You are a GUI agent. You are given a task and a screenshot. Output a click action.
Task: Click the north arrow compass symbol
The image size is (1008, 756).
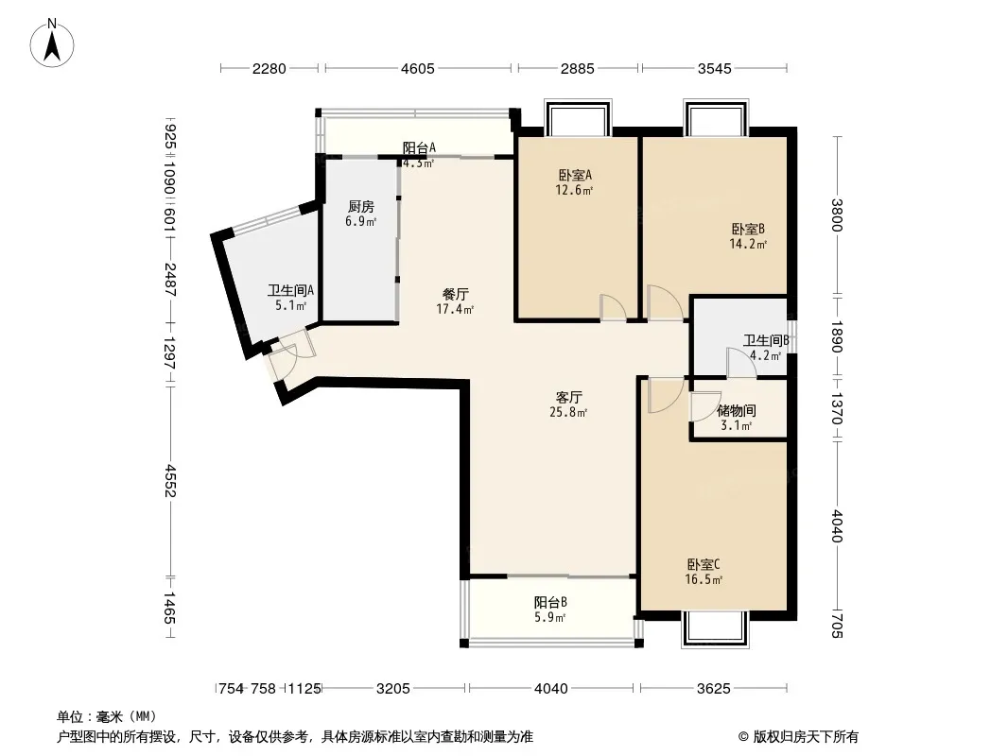(x=52, y=43)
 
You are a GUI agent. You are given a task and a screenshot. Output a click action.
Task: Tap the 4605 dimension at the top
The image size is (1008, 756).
(x=418, y=68)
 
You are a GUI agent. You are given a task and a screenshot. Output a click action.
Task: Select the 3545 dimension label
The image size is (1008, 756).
(x=714, y=68)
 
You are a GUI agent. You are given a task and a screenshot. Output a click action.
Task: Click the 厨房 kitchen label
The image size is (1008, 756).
(x=360, y=207)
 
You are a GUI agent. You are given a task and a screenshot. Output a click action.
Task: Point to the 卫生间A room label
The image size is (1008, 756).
(x=290, y=290)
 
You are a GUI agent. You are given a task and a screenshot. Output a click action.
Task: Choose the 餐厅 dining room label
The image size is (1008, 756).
(x=455, y=294)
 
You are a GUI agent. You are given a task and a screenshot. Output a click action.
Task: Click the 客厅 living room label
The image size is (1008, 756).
(x=569, y=397)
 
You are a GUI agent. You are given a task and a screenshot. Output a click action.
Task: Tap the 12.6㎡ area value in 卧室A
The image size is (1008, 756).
(x=574, y=190)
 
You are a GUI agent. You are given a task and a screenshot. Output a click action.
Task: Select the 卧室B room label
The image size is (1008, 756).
(x=748, y=229)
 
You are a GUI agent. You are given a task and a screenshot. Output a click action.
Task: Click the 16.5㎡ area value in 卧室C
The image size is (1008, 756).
(x=704, y=579)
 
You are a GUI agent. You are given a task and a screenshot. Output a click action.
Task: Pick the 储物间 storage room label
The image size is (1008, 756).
(x=736, y=410)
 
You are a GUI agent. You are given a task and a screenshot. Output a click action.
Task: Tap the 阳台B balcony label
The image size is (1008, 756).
(x=550, y=603)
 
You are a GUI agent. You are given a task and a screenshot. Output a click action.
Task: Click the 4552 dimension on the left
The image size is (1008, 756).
(x=169, y=481)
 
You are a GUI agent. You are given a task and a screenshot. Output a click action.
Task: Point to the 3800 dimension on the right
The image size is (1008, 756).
(x=836, y=215)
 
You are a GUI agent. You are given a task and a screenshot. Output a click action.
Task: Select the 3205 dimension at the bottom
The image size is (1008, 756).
(x=392, y=689)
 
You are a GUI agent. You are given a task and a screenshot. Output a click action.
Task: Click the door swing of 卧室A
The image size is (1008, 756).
(x=612, y=307)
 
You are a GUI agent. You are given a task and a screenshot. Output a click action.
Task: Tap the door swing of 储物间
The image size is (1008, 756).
(x=704, y=406)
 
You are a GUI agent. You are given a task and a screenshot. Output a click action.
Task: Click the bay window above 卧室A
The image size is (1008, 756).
(x=578, y=117)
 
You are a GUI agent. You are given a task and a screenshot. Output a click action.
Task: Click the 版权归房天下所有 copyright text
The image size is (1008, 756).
(x=798, y=737)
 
